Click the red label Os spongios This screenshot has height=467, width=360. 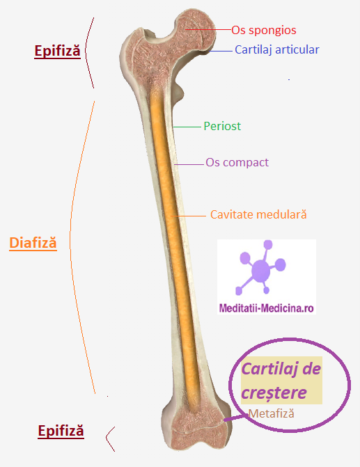(264, 31)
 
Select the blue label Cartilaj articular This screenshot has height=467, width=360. (277, 49)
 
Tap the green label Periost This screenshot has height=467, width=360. (222, 126)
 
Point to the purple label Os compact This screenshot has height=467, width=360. (237, 163)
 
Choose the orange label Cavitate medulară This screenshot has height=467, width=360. (258, 214)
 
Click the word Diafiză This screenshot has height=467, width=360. (33, 242)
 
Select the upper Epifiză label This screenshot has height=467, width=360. (58, 51)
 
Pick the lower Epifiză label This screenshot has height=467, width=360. (61, 431)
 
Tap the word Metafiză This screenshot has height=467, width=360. (271, 413)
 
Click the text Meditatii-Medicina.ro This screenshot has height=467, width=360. (267, 308)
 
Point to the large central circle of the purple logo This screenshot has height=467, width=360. (260, 271)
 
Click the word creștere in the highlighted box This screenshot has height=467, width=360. (274, 393)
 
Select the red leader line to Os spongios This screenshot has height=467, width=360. (208, 29)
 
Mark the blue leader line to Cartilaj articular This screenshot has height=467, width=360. (221, 52)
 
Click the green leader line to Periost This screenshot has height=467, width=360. (187, 127)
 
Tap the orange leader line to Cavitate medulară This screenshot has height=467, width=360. (188, 216)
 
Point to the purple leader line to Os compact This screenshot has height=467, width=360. (189, 164)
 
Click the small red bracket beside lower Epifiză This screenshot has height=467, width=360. (107, 438)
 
